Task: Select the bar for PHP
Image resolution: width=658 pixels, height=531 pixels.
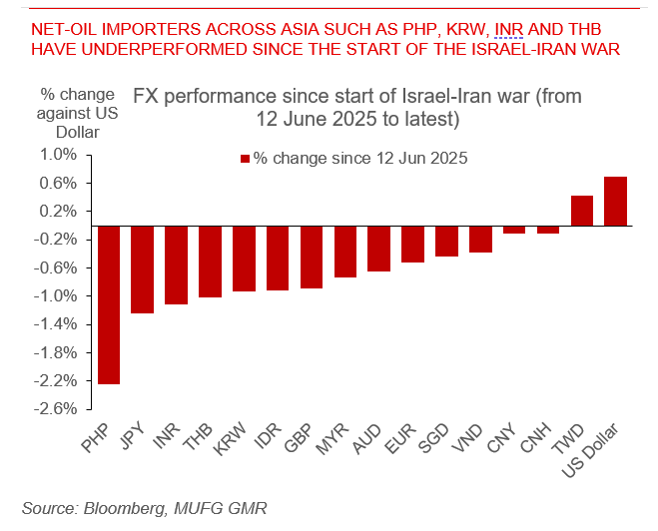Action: point(109,304)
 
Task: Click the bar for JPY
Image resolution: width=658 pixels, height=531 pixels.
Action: point(143,269)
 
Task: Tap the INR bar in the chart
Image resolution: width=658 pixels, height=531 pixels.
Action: point(177,265)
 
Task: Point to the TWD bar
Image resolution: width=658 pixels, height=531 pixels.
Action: point(582,211)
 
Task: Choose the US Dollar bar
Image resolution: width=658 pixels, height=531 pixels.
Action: point(615,202)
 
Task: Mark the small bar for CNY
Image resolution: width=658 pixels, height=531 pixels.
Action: point(514,230)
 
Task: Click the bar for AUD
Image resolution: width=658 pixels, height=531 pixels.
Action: point(379,249)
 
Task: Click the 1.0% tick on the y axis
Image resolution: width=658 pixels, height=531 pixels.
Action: point(58,155)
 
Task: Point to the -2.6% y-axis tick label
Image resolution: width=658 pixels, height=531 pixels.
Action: point(56,408)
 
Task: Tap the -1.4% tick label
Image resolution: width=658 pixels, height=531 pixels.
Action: point(56,323)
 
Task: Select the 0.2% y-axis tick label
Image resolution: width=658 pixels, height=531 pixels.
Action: point(58,211)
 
